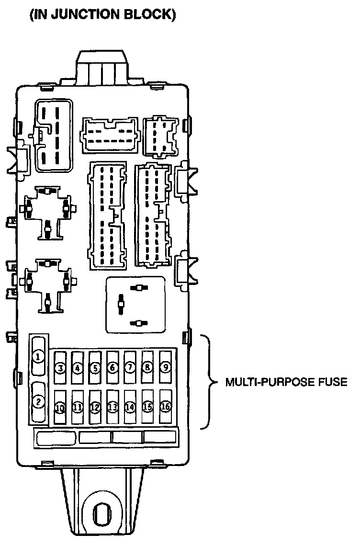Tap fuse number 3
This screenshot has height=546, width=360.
coord(60,368)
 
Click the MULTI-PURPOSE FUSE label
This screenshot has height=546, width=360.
coord(285,383)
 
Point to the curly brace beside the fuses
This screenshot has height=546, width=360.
coord(209,382)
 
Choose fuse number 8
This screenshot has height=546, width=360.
coord(147,367)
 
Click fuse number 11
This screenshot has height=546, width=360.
coord(78,408)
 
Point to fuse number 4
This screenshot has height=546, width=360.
coord(78,368)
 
